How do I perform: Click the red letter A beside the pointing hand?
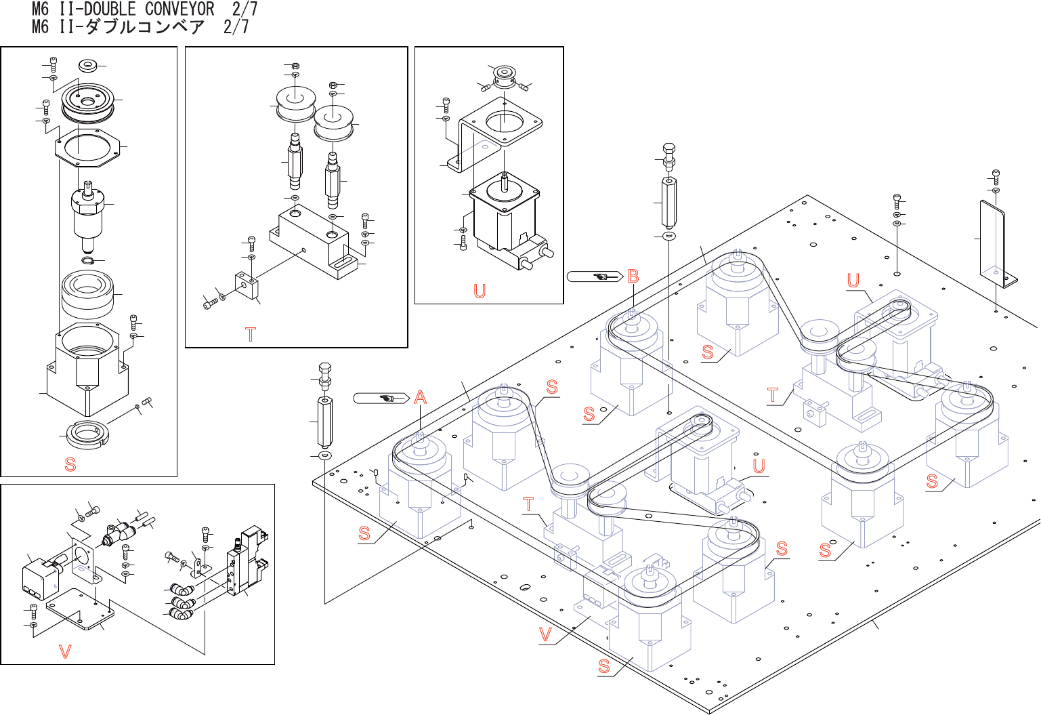421,397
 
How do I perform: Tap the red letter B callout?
633,277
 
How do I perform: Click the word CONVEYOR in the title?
179,9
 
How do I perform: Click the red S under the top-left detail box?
70,464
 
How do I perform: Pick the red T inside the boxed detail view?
251,334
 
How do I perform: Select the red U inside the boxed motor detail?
480,291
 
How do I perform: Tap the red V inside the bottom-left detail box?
65,652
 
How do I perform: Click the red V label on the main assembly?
545,635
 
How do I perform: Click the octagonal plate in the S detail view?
87,147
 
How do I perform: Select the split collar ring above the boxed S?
87,434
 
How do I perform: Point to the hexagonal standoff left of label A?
324,420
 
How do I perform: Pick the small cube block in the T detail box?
247,285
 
